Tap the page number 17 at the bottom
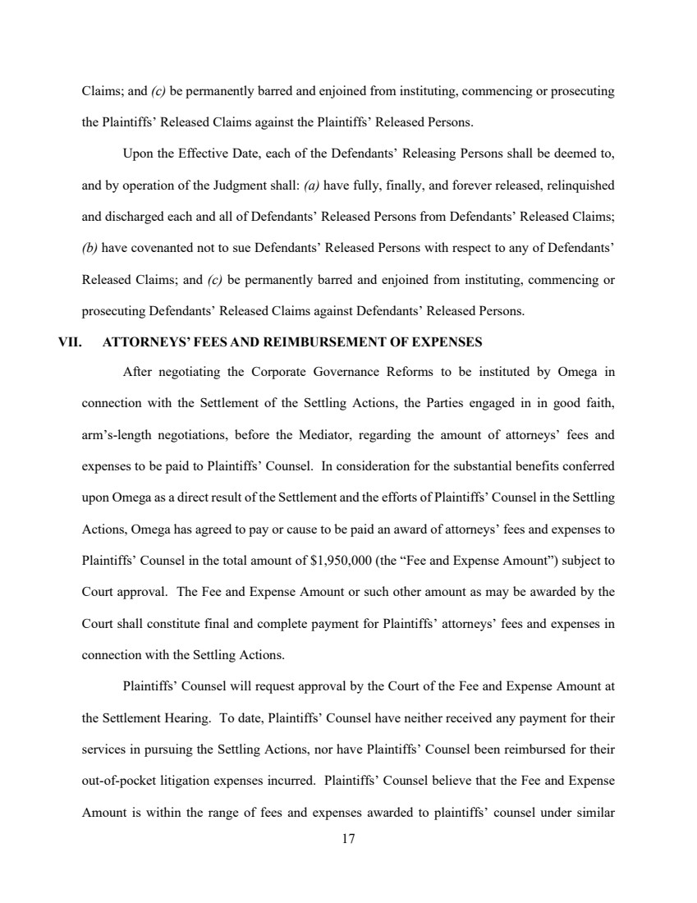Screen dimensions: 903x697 click(348, 838)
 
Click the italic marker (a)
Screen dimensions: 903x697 click(312, 186)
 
